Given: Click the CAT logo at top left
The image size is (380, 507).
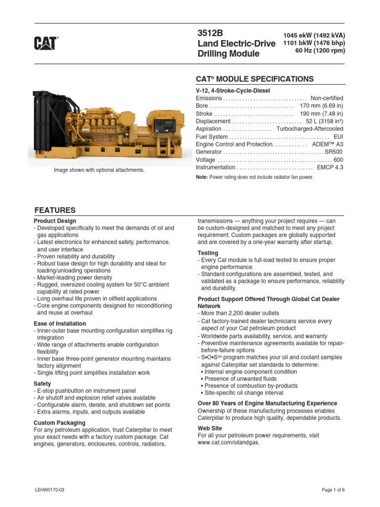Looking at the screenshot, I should click(46, 44).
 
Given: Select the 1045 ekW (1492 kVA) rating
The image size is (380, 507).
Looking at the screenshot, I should click(314, 35).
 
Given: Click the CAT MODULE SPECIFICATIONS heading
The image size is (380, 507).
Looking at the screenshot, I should click(255, 79).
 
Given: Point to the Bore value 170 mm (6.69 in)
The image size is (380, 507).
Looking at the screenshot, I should click(321, 106).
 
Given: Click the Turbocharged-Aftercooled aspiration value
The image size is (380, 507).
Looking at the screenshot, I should click(309, 129).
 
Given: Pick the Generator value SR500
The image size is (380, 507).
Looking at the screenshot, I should click(333, 152).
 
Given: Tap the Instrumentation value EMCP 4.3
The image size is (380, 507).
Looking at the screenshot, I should click(330, 167).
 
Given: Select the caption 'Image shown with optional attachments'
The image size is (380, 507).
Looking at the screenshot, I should click(99, 170).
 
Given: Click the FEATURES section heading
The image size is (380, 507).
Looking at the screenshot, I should click(54, 210).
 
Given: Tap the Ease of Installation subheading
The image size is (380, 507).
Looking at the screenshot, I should click(59, 324).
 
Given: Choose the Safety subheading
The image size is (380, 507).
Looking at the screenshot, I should click(42, 384).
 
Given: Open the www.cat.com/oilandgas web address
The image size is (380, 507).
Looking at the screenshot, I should click(228, 443).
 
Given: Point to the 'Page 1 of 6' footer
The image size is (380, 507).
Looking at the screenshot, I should click(333, 490).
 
